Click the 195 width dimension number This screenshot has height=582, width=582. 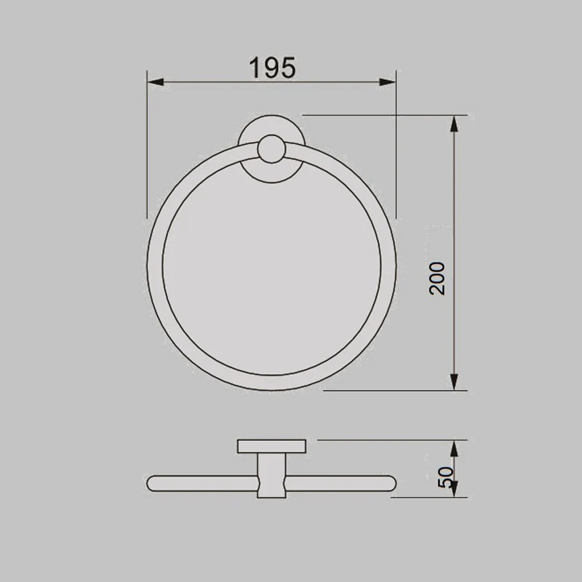pyautogui.click(x=272, y=68)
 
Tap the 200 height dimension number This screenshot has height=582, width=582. pyautogui.click(x=437, y=277)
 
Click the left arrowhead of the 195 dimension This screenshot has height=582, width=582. pyautogui.click(x=154, y=81)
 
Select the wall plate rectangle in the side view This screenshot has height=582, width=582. pyautogui.click(x=271, y=447)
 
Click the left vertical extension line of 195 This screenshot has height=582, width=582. pyautogui.click(x=148, y=145)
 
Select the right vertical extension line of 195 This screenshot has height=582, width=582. pyautogui.click(x=396, y=145)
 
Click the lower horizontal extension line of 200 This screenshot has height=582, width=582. pyautogui.click(x=393, y=390)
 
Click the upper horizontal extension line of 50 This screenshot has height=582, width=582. pyautogui.click(x=386, y=439)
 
